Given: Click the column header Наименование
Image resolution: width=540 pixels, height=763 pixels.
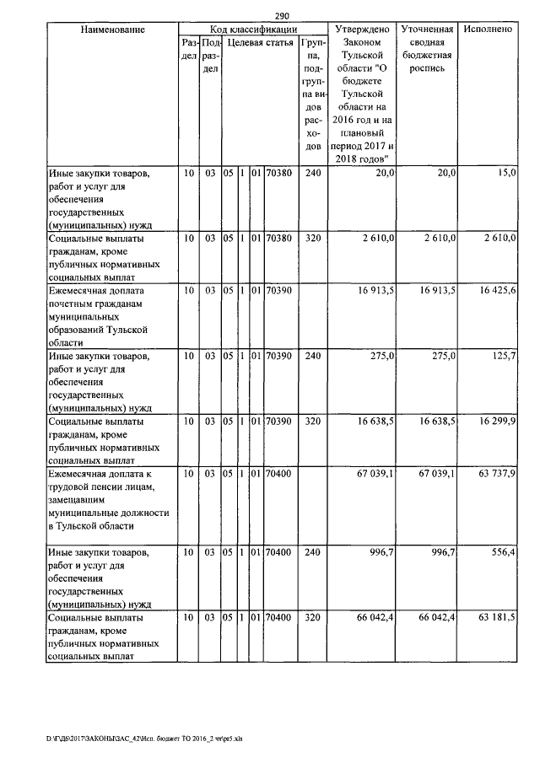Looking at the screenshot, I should click(x=112, y=30).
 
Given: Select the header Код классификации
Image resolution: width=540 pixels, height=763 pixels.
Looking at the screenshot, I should click(x=253, y=30).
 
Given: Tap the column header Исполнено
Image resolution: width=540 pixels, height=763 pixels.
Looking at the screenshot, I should click(x=488, y=30).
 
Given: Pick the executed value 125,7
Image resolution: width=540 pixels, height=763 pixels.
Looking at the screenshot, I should click(x=504, y=357).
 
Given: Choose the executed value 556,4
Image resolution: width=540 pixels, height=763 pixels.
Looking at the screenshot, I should click(x=504, y=551).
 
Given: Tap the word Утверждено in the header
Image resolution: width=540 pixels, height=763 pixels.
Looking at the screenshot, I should click(x=361, y=30).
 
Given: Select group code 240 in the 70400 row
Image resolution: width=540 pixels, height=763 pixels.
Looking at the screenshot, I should click(x=313, y=551).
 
